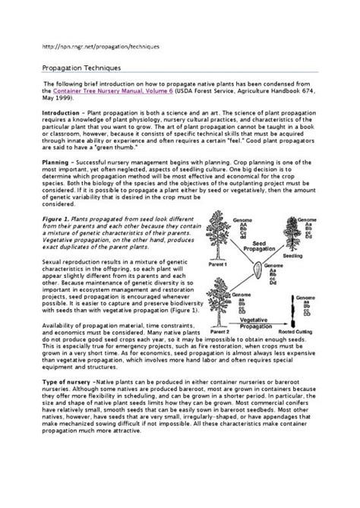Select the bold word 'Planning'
click(58, 161)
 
